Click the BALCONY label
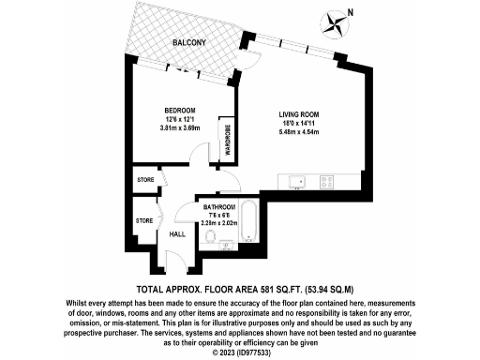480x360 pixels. click(x=189, y=44)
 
